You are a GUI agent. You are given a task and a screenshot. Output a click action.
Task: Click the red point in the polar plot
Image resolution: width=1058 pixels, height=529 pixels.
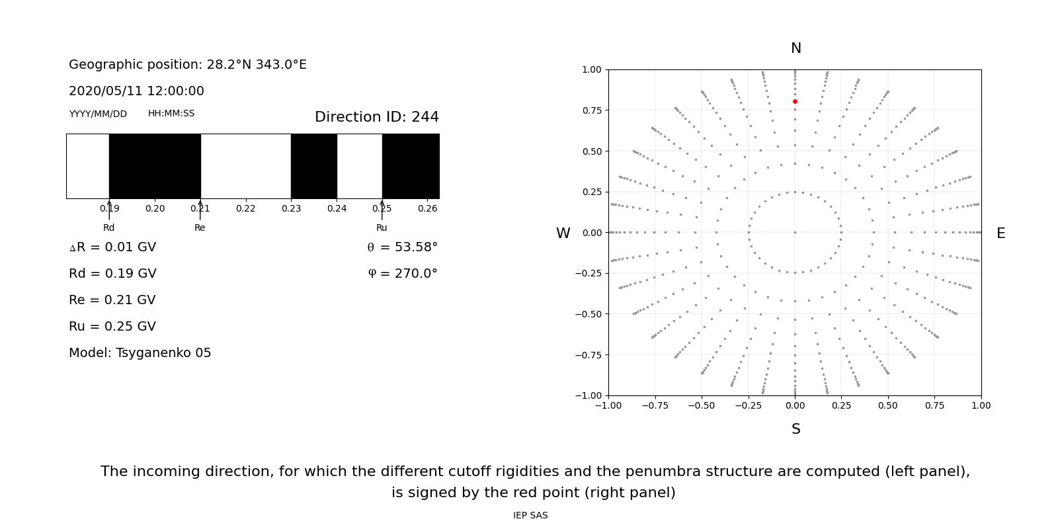(x=795, y=102)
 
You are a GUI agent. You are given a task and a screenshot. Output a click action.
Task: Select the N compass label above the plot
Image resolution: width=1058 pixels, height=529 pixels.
(x=796, y=48)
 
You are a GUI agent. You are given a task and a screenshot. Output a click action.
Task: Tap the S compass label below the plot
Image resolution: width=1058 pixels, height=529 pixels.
(x=796, y=429)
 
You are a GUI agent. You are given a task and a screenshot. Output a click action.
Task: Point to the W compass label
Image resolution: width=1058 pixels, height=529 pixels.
(x=563, y=233)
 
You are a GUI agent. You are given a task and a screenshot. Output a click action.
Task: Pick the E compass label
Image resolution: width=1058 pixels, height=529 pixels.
(x=1000, y=233)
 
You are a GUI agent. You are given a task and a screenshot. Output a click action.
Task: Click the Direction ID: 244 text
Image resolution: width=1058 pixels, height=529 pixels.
(x=376, y=117)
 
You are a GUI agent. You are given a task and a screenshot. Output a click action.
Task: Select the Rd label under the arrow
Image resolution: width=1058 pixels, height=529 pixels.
(x=109, y=227)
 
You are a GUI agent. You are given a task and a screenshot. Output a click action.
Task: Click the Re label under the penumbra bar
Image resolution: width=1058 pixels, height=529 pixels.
(x=200, y=227)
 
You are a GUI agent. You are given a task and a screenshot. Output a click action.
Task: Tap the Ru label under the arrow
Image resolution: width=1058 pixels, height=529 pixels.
(x=382, y=227)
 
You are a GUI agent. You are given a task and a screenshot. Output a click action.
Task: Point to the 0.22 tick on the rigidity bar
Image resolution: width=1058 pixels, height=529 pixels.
(x=246, y=208)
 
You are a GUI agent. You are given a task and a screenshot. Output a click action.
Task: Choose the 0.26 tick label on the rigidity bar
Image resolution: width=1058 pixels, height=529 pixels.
(x=428, y=208)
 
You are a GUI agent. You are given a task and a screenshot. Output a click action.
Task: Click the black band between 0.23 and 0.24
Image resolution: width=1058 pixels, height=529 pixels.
(x=314, y=166)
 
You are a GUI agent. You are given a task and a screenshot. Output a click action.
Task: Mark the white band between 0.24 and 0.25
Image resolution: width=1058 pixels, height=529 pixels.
(x=360, y=166)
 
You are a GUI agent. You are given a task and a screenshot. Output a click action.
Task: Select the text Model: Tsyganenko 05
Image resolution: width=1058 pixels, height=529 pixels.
(x=140, y=353)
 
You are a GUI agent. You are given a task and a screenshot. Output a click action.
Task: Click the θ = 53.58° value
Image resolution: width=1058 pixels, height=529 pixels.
(x=402, y=247)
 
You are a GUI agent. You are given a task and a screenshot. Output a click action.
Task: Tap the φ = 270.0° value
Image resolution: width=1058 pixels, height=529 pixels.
(x=403, y=274)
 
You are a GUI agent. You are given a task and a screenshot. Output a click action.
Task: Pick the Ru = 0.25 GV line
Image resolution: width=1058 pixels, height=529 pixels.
(x=112, y=327)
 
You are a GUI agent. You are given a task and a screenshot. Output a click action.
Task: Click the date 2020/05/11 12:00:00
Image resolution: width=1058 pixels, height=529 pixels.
(x=136, y=91)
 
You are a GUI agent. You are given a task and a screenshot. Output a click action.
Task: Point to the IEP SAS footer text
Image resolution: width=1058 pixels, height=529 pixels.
(x=530, y=515)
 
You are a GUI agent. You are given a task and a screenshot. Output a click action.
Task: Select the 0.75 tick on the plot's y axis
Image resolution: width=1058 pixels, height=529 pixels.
(x=591, y=110)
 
